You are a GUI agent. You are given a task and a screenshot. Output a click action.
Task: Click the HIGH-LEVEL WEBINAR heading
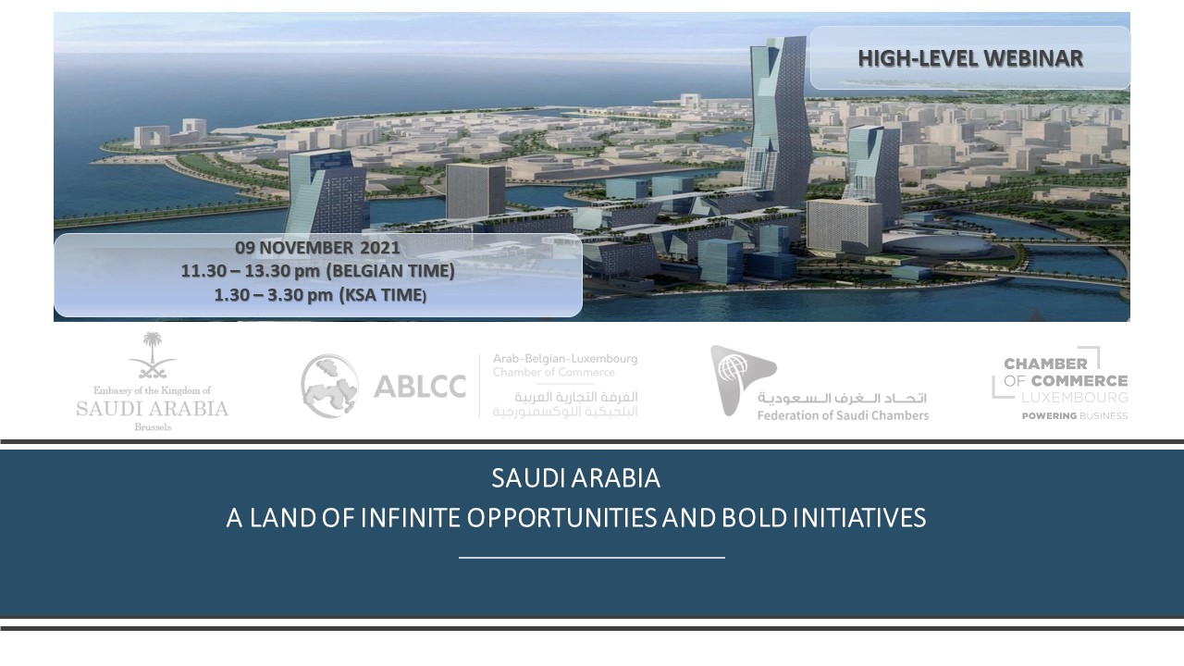pyautogui.click(x=970, y=58)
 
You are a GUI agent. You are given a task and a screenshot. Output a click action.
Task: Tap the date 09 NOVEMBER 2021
pyautogui.click(x=317, y=247)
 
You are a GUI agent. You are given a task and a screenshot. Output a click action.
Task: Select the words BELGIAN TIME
pyautogui.click(x=391, y=271)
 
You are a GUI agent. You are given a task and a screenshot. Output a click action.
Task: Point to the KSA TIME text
pyautogui.click(x=383, y=295)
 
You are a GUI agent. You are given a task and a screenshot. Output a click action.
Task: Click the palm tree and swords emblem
pyautogui.click(x=153, y=355)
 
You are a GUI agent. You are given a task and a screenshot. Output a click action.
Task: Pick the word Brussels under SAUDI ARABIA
pyautogui.click(x=153, y=427)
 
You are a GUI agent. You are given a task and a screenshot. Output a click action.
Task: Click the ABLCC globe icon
pyautogui.click(x=329, y=386)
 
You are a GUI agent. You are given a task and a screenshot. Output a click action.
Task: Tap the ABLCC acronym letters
pyautogui.click(x=420, y=387)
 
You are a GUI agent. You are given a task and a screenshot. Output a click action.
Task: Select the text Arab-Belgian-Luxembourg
pyautogui.click(x=565, y=358)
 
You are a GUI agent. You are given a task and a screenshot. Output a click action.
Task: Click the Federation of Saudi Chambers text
pyautogui.click(x=843, y=415)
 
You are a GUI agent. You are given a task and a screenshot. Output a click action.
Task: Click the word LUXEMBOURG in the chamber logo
pyautogui.click(x=1074, y=398)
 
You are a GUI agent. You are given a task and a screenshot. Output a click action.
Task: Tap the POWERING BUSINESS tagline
pyautogui.click(x=1075, y=416)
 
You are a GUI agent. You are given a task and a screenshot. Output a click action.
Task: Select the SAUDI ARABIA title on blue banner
pyautogui.click(x=575, y=478)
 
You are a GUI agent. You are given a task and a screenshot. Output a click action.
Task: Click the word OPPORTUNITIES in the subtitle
pyautogui.click(x=561, y=518)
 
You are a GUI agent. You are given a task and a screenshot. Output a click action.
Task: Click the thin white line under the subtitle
pyautogui.click(x=591, y=557)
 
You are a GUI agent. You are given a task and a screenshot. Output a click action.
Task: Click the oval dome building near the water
pyautogui.click(x=937, y=246)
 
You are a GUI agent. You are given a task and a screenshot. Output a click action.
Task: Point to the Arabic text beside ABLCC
pyautogui.click(x=565, y=404)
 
